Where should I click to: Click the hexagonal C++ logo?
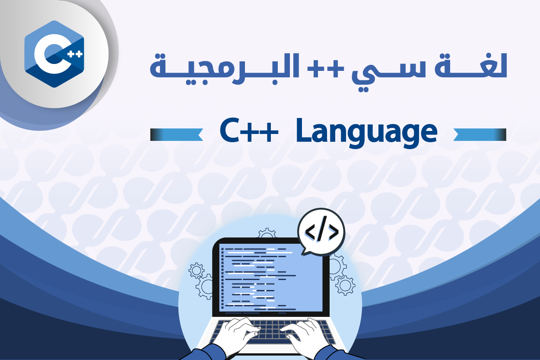[x=54, y=54]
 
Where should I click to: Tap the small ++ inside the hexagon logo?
[x=75, y=54]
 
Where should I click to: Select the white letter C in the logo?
[x=52, y=54]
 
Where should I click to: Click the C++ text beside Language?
[x=249, y=131]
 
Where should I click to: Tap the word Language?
[x=366, y=133]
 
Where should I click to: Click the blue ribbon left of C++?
[x=176, y=134]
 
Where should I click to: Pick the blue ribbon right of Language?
[x=480, y=134]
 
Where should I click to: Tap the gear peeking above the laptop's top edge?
[x=267, y=233]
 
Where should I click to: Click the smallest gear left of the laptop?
[x=197, y=270]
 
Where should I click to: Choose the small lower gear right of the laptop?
[x=345, y=285]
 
